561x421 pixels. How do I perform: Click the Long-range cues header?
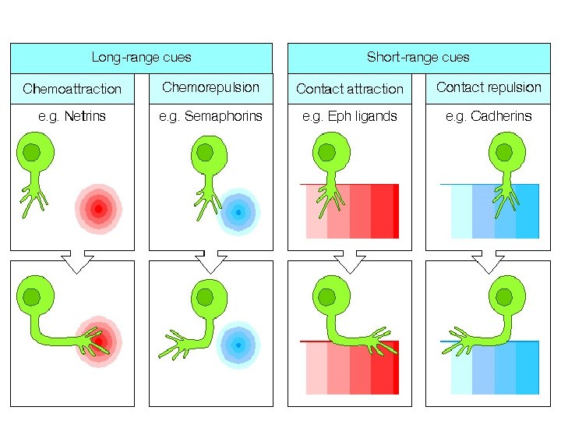click(141, 57)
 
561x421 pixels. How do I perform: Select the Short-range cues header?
click(418, 57)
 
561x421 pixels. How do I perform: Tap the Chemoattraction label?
click(72, 89)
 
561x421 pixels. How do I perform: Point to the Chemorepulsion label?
click(210, 87)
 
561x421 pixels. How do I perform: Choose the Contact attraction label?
click(350, 89)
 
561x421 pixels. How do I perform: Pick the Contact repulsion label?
click(489, 87)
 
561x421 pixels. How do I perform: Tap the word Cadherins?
click(501, 117)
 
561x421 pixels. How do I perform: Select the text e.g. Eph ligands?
click(350, 117)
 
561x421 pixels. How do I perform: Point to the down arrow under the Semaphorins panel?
click(210, 260)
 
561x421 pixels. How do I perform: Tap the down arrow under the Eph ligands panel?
click(350, 260)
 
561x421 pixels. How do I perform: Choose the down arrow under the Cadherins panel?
click(489, 260)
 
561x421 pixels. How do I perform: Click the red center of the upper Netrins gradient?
click(98, 208)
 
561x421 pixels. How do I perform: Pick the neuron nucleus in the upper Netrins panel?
click(32, 151)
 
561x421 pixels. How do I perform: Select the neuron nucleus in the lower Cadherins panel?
click(505, 297)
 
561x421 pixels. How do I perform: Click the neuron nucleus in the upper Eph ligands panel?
click(327, 152)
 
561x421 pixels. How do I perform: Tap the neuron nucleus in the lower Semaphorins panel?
click(205, 297)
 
